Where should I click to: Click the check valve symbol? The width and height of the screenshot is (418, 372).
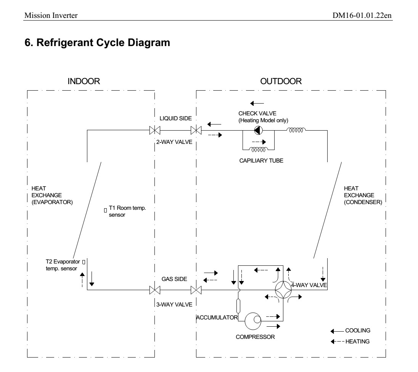(258, 130)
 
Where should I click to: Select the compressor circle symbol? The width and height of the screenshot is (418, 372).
(253, 321)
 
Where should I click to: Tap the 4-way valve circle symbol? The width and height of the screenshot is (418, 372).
(283, 290)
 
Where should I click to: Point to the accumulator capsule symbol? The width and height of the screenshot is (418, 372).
(238, 306)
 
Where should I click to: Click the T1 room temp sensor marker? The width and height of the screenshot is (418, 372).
(105, 210)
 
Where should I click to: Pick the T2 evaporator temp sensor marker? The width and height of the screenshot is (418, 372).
(84, 262)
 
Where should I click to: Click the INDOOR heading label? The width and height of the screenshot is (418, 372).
(84, 81)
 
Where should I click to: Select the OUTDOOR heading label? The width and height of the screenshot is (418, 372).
(281, 81)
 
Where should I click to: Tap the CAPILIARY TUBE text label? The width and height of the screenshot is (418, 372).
(261, 161)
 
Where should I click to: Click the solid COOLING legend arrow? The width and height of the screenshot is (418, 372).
(337, 331)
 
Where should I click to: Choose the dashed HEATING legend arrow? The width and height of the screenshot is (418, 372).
(337, 342)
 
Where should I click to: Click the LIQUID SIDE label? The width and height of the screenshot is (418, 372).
(176, 118)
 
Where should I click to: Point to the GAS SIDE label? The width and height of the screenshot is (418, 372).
(174, 279)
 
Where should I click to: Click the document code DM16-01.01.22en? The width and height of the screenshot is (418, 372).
(362, 16)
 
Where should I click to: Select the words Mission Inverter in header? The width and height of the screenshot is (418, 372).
(51, 16)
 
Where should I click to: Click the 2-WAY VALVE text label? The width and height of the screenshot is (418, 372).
(174, 142)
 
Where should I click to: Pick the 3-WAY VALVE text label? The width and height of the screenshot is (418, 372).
(174, 305)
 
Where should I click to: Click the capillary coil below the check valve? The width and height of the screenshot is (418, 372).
(259, 150)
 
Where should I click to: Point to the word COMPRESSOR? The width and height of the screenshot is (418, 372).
(255, 337)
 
